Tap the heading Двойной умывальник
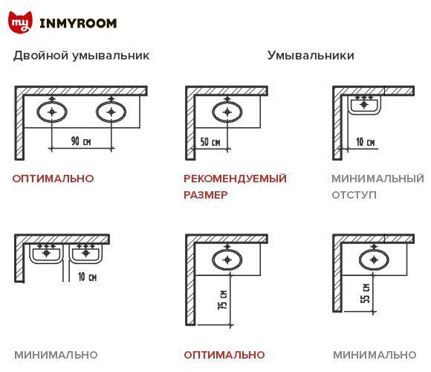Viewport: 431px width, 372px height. pos(81,56)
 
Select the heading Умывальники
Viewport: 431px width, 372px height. pos(311,56)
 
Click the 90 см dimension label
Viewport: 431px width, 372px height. pos(81,141)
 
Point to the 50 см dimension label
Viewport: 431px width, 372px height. pos(210,141)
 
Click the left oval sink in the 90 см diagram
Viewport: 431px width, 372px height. pos(52,112)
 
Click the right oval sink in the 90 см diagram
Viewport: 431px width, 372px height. pos(111,112)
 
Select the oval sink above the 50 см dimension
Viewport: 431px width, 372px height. pos(227,112)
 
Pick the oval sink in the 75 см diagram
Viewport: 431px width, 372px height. pos(227,260)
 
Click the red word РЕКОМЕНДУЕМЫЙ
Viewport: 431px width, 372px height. pos(235,179)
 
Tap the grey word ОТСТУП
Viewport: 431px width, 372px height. pos(354,195)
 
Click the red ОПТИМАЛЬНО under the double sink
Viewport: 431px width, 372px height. pos(54,179)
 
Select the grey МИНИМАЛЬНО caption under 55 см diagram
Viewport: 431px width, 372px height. pos(375,355)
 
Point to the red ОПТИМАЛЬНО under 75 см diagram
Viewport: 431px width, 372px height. pos(224,355)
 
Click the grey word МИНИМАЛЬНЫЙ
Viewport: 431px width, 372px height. pos(377,179)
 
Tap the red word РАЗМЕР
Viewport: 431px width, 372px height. pos(205,195)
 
